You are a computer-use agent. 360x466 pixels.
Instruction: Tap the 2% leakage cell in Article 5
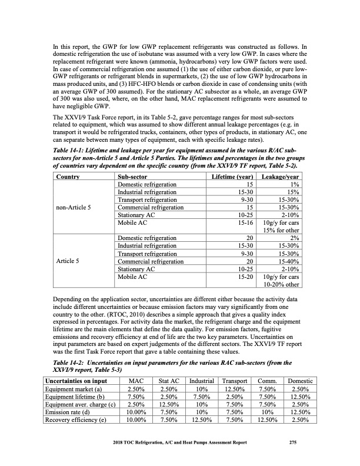[295, 238]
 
